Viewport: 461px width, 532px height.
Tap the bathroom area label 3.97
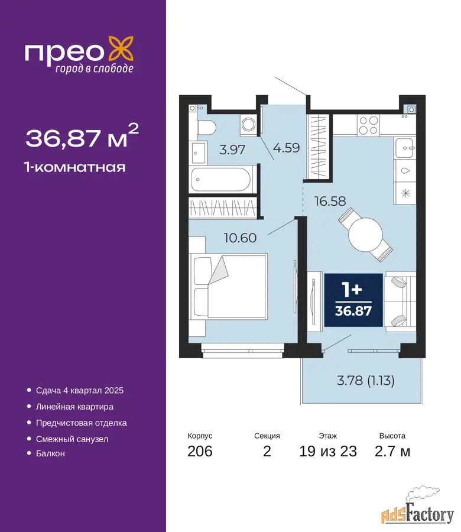click(x=232, y=150)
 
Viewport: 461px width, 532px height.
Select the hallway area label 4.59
click(x=287, y=148)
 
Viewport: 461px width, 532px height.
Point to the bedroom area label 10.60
click(x=240, y=238)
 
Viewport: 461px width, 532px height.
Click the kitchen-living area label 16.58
click(x=330, y=201)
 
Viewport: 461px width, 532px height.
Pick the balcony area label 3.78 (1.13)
click(x=366, y=380)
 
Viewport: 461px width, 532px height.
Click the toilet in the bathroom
click(x=206, y=128)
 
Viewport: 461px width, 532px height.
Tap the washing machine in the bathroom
click(x=249, y=124)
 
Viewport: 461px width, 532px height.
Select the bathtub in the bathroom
click(x=221, y=180)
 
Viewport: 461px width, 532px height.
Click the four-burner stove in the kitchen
click(x=368, y=125)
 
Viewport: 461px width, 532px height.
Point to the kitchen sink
click(x=404, y=148)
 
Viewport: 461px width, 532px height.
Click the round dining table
click(x=365, y=235)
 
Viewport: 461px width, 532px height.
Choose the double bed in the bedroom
click(x=228, y=286)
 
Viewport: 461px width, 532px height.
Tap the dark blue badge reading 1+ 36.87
click(x=353, y=300)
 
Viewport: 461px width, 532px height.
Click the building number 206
click(x=200, y=451)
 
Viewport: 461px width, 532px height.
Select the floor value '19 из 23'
click(x=327, y=451)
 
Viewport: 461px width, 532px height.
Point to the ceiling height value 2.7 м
click(x=392, y=451)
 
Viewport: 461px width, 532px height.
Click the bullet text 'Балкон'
click(x=50, y=453)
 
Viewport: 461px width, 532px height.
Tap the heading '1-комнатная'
click(x=74, y=167)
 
